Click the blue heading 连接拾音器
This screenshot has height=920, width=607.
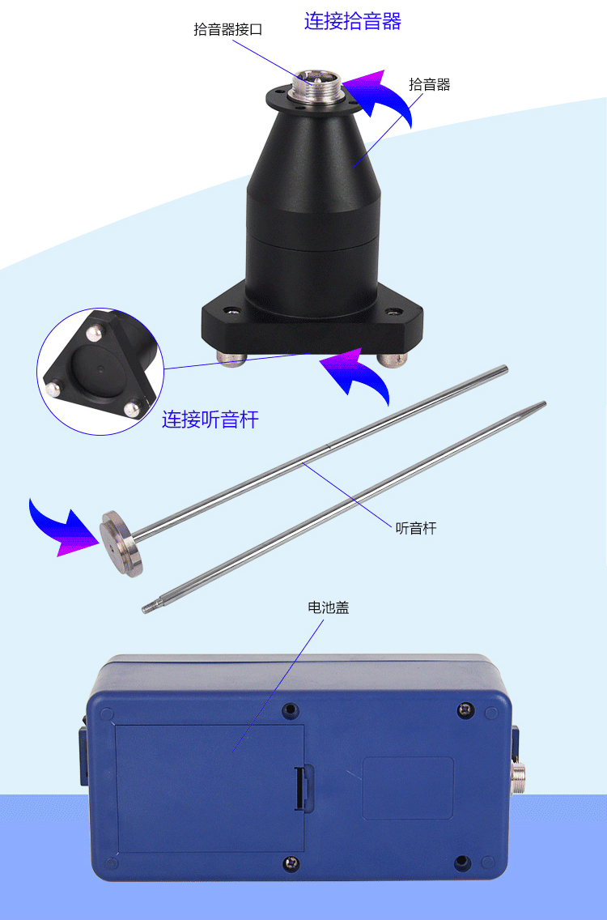coord(353,21)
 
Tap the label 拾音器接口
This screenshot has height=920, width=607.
coord(227,29)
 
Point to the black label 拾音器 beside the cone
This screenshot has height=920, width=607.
coord(429,84)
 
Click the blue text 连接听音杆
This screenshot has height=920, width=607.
coord(210,420)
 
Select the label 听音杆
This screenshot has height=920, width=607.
coord(416,528)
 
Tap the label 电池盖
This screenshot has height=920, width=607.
coord(329,607)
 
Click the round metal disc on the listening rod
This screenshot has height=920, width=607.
coord(121,542)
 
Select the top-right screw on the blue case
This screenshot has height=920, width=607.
coord(465,710)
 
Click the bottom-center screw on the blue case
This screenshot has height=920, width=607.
coord(291,862)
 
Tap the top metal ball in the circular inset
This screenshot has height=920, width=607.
coord(93,334)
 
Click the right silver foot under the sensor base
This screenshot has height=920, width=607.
coord(391,360)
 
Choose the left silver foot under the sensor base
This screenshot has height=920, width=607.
coord(231,359)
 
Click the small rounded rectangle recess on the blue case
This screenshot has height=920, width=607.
coord(408,787)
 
